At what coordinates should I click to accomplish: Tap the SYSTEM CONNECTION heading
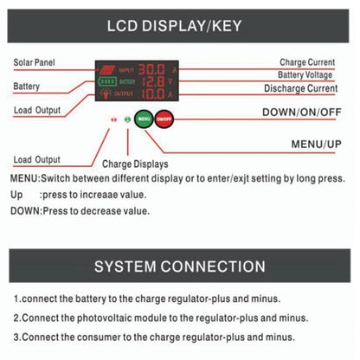180,266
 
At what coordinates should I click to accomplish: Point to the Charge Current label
308,62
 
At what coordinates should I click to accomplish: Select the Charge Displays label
135,163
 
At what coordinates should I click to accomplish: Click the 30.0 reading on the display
153,67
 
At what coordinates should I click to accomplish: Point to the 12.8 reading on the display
153,80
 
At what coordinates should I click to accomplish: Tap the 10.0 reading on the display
153,93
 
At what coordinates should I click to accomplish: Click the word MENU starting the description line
24,177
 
